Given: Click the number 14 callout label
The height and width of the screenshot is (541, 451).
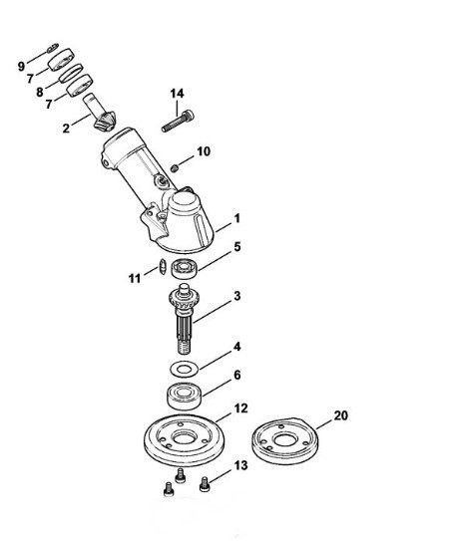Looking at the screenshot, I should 177,94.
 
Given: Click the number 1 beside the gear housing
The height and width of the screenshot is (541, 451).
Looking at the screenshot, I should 236,216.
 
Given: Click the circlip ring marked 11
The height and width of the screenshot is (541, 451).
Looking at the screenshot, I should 160,266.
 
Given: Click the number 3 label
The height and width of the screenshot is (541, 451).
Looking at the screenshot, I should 236,297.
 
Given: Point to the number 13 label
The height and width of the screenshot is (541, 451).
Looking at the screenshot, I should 239,465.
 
